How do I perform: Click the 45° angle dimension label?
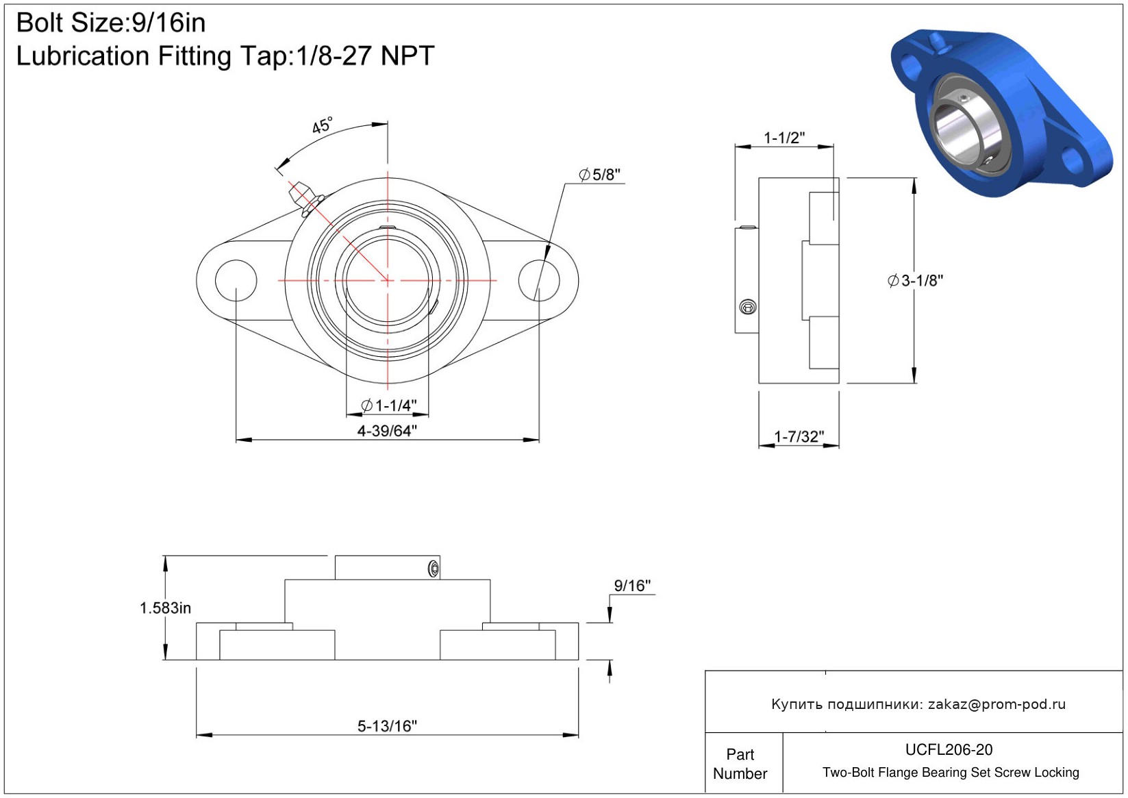[x=323, y=125]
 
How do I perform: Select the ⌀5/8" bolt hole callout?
[x=599, y=175]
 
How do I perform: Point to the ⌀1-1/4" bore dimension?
[x=389, y=405]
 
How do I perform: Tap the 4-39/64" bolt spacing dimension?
[x=387, y=431]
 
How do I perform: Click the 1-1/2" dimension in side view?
[x=784, y=138]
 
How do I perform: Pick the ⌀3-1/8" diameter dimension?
[x=915, y=281]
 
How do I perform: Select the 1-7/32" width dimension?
[x=799, y=436]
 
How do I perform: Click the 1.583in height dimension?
[x=165, y=608]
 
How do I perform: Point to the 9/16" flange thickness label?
[x=632, y=586]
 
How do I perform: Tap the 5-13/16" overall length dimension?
[x=387, y=726]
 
